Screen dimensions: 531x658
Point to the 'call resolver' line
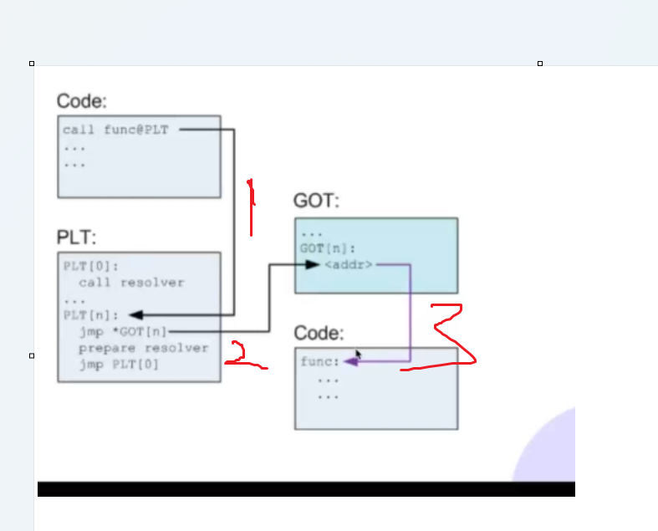pos(131,283)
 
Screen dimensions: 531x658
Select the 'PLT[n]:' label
pos(90,315)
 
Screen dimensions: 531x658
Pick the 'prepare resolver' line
pos(144,348)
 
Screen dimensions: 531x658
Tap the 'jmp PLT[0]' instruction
pos(119,365)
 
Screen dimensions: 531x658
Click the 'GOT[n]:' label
pos(327,248)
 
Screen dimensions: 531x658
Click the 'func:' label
pos(320,362)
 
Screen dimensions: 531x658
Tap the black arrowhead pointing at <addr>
pos(312,264)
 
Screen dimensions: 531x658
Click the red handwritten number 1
pos(251,206)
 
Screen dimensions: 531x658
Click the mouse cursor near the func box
pos(358,355)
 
